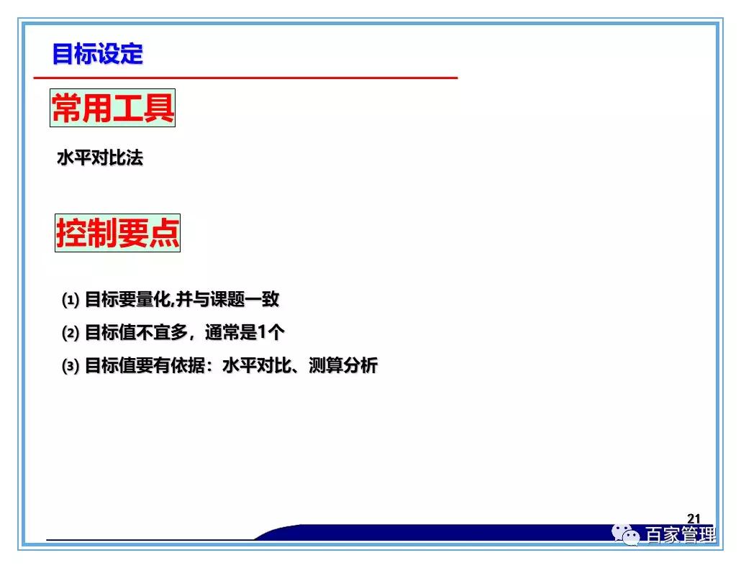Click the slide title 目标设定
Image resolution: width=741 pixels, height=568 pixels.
[x=98, y=54]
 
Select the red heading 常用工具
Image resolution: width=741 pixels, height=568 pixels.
[x=113, y=109]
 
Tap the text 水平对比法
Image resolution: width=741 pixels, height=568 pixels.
[x=100, y=158]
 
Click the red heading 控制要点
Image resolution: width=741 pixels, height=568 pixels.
[x=117, y=232]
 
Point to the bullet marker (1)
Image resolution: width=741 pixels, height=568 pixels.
[x=70, y=300]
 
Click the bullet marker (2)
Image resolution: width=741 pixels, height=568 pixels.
[x=70, y=333]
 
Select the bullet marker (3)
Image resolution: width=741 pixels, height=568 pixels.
[x=70, y=366]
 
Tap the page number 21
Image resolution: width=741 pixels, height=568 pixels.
[x=694, y=518]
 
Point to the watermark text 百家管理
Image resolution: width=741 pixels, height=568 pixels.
[x=680, y=536]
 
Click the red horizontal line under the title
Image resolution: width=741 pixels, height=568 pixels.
[x=245, y=77]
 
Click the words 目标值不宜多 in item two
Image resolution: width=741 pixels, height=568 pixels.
[x=129, y=333]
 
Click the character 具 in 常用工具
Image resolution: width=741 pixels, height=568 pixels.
[x=160, y=109]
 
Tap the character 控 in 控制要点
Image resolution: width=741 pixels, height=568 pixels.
[x=71, y=232]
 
